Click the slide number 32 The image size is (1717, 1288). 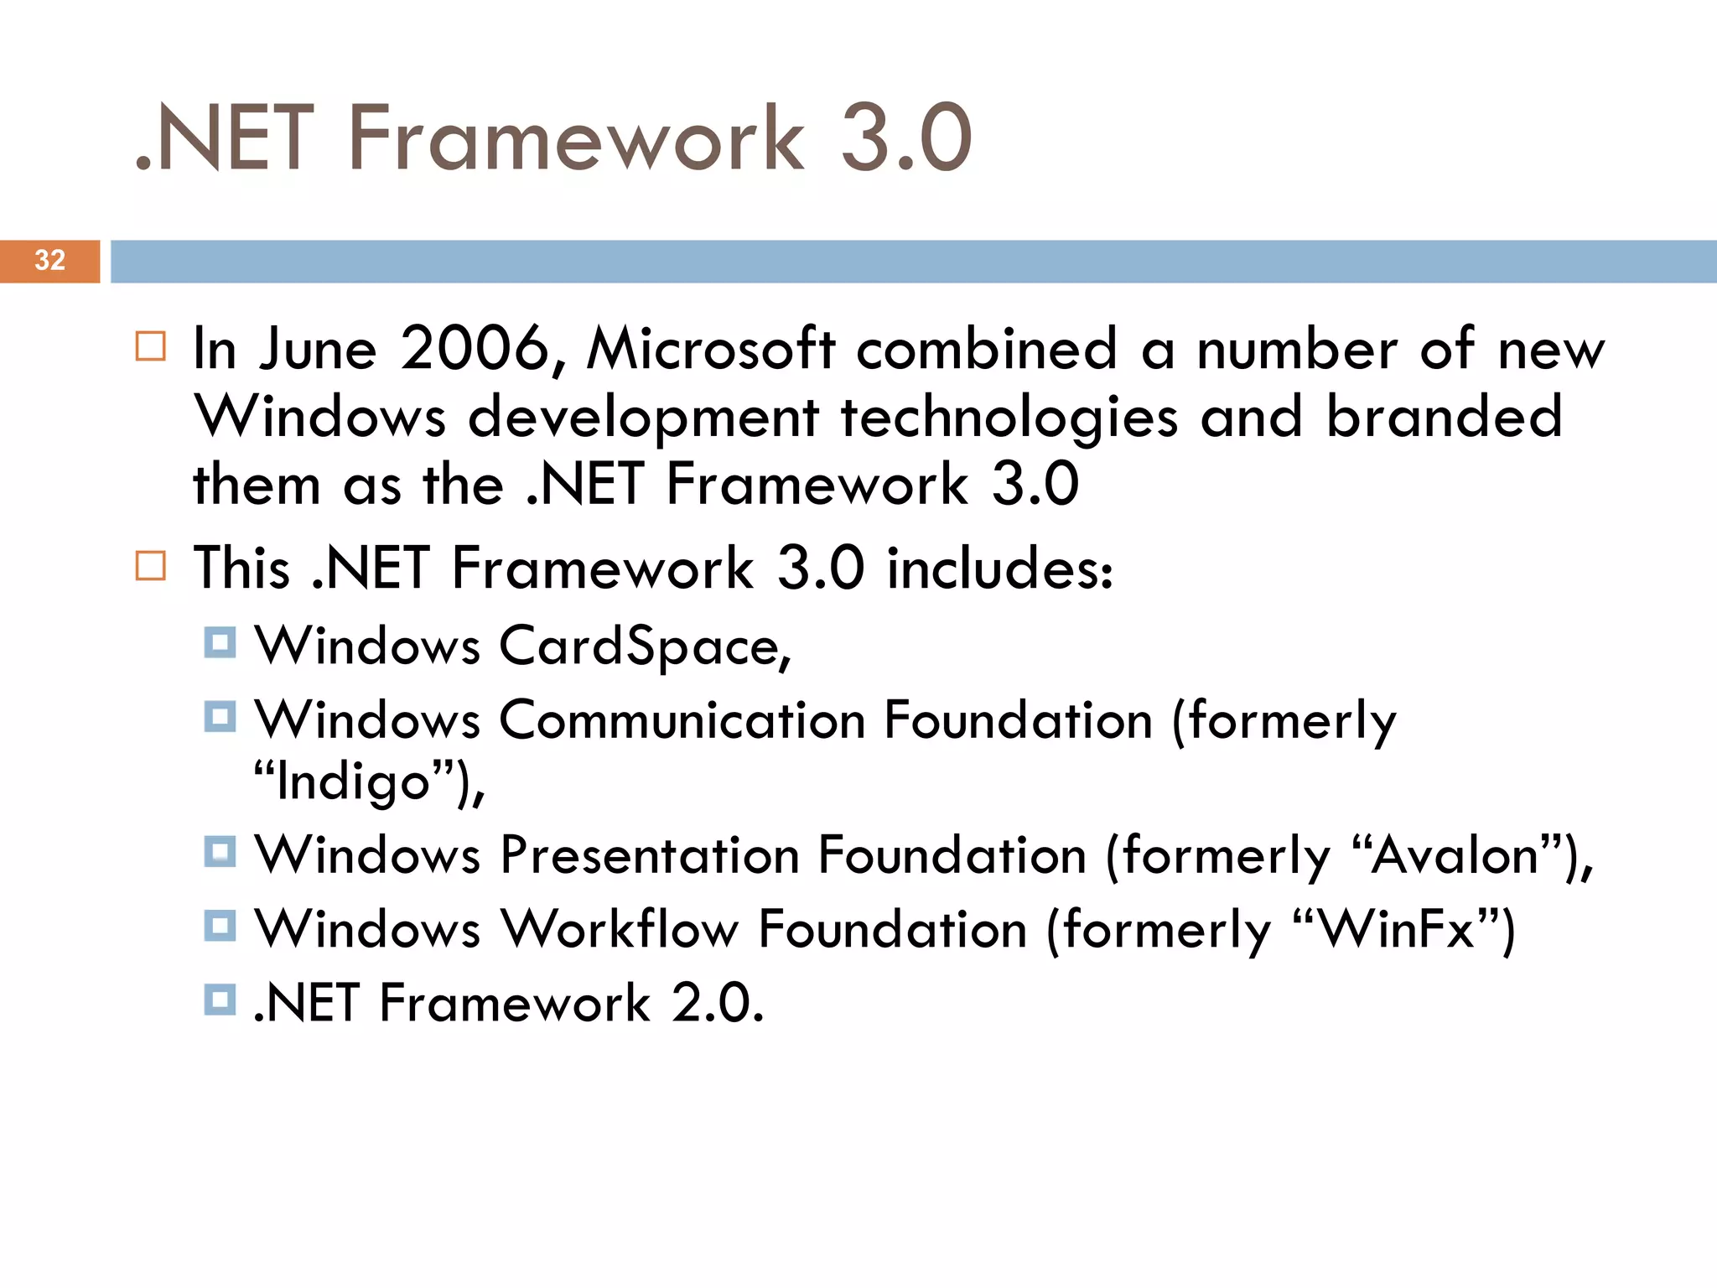50,260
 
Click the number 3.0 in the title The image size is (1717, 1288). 905,138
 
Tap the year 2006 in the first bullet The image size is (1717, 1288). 475,348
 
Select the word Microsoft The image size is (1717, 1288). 711,348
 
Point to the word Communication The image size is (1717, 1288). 682,720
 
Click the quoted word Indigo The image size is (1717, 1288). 354,782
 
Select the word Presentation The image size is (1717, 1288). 650,855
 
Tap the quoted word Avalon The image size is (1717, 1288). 1455,855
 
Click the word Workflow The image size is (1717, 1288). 620,929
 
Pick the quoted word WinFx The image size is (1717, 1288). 1397,929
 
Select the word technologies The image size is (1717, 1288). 1009,417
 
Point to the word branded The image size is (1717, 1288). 1444,417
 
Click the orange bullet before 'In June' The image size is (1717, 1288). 151,345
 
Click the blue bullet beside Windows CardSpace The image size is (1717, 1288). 220,643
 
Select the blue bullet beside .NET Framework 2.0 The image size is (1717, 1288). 220,1000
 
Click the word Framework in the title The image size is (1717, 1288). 576,138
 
